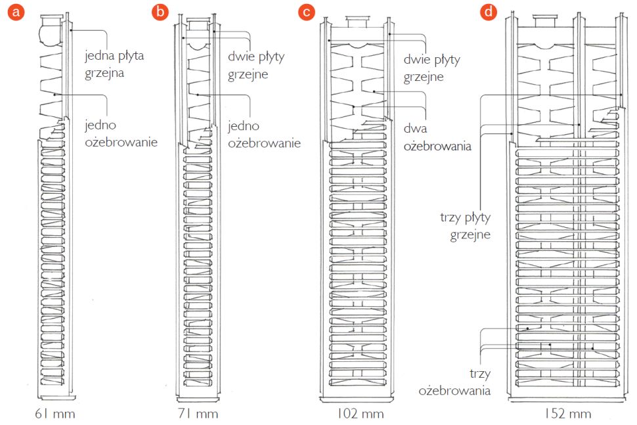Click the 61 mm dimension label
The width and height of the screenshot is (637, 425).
tap(55, 414)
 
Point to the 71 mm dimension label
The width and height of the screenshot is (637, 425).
tap(198, 414)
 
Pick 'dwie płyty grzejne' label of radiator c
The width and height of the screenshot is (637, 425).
tap(431, 68)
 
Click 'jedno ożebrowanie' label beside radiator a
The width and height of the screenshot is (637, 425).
tap(121, 132)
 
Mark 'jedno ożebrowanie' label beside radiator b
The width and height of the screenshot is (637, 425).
tap(263, 134)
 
